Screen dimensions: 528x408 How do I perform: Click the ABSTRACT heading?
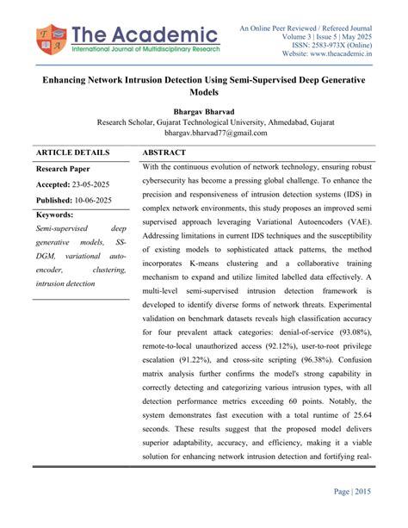(x=169, y=152)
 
